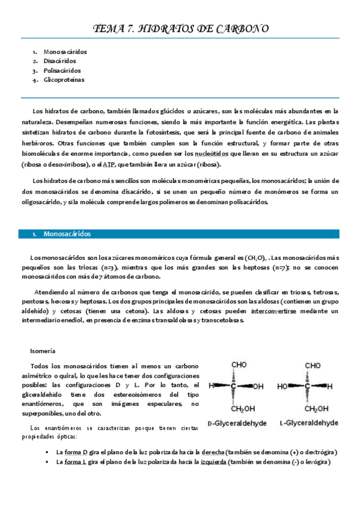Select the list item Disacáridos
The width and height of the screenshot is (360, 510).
pyautogui.click(x=59, y=61)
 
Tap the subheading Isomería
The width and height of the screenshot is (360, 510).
pyautogui.click(x=43, y=351)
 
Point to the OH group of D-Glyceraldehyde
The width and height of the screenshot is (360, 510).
pyautogui.click(x=258, y=386)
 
